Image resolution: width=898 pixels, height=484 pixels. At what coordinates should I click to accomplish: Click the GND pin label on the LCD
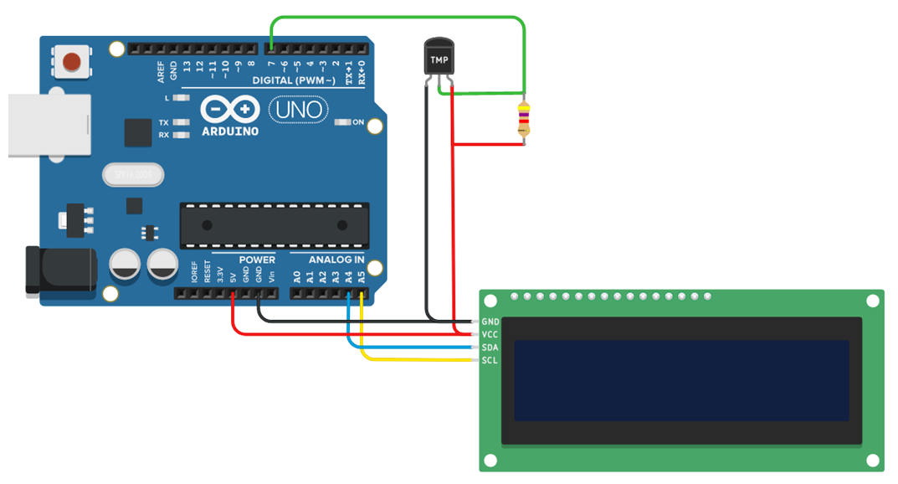[x=490, y=322]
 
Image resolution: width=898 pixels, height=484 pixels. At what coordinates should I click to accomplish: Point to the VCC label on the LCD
[x=490, y=334]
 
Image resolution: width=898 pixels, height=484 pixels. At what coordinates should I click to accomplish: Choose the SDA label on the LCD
[x=490, y=347]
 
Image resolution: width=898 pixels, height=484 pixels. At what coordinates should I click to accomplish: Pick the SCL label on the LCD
[x=490, y=360]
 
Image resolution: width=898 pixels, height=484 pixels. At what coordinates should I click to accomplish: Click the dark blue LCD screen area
[x=681, y=380]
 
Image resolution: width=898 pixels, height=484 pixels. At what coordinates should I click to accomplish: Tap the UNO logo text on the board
[x=299, y=110]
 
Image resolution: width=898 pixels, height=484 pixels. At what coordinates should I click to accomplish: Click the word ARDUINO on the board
[x=230, y=131]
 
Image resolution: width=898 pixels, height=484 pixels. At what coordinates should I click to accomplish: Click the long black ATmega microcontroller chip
[x=274, y=225]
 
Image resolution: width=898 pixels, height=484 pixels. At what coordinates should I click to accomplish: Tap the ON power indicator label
[x=358, y=123]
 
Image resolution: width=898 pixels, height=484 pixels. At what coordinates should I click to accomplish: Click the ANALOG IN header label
[x=336, y=260]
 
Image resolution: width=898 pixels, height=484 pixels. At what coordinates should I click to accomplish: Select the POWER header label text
[x=257, y=260]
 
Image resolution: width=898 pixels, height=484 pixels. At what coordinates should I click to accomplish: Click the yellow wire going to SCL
[x=418, y=360]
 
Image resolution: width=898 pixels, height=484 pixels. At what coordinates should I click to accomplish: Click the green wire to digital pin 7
[x=393, y=17]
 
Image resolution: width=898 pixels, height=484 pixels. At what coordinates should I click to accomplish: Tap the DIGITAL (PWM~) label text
[x=294, y=80]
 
